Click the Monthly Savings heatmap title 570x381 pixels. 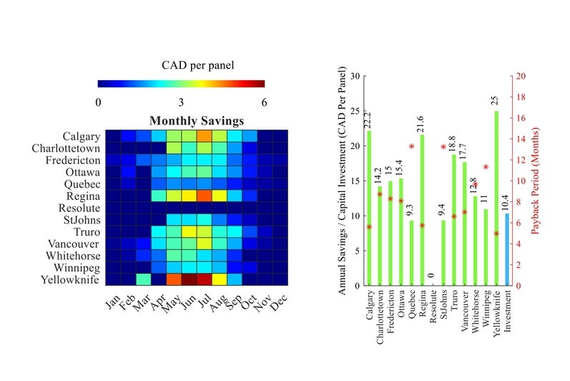[196, 121]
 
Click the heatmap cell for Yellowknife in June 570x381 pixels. [189, 279]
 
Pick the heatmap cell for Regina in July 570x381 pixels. [204, 196]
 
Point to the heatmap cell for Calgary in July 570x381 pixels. [204, 136]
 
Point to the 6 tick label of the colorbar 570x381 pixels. [265, 102]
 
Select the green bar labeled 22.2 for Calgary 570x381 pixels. [369, 208]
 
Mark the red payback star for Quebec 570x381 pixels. [411, 147]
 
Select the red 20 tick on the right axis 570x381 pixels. [521, 76]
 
